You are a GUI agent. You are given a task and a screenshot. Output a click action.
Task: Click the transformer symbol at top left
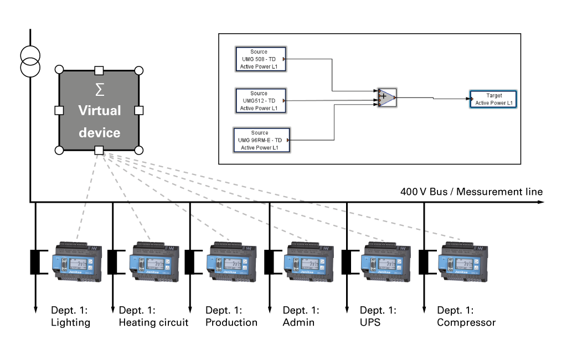coord(30,61)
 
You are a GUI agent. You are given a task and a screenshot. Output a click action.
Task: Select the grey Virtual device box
coord(99,110)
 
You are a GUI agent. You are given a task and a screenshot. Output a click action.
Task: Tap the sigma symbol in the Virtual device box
coord(100,89)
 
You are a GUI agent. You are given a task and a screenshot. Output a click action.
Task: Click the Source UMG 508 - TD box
coord(259,59)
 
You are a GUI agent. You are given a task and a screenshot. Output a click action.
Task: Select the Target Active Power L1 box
coord(493,99)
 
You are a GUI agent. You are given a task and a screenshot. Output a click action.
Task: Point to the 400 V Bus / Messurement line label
coord(471,192)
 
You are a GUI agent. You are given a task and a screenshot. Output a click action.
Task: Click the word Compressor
coord(466,322)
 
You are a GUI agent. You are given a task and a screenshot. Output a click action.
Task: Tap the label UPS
coord(370,322)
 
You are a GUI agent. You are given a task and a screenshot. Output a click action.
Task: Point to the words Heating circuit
coord(153,322)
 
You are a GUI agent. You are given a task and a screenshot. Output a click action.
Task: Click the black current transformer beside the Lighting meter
coord(37,262)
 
